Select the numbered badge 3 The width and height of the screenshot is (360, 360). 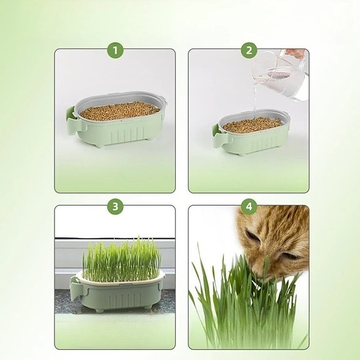tap(115, 207)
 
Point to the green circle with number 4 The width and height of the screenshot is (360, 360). tap(249, 207)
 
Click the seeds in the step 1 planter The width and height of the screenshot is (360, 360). tap(120, 112)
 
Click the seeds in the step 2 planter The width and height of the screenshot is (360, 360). tap(253, 125)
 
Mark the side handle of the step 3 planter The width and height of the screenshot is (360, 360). tap(76, 289)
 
